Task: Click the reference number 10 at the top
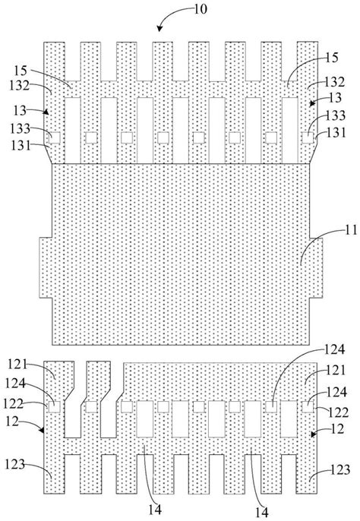[201, 9]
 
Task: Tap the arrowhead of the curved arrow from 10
[160, 29]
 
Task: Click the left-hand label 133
[21, 128]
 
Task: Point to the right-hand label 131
[336, 133]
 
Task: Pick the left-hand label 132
[20, 85]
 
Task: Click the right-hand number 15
[332, 58]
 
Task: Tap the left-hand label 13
[20, 110]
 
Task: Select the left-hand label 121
[17, 365]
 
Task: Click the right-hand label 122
[339, 412]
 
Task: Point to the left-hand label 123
[15, 464]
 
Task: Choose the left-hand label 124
[15, 383]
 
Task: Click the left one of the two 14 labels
[155, 509]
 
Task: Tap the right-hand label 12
[338, 429]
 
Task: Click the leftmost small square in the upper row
[55, 137]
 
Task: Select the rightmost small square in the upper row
[308, 137]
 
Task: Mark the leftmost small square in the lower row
[55, 407]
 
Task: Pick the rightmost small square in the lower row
[308, 407]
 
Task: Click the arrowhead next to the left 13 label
[46, 112]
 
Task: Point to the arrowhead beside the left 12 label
[42, 431]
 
